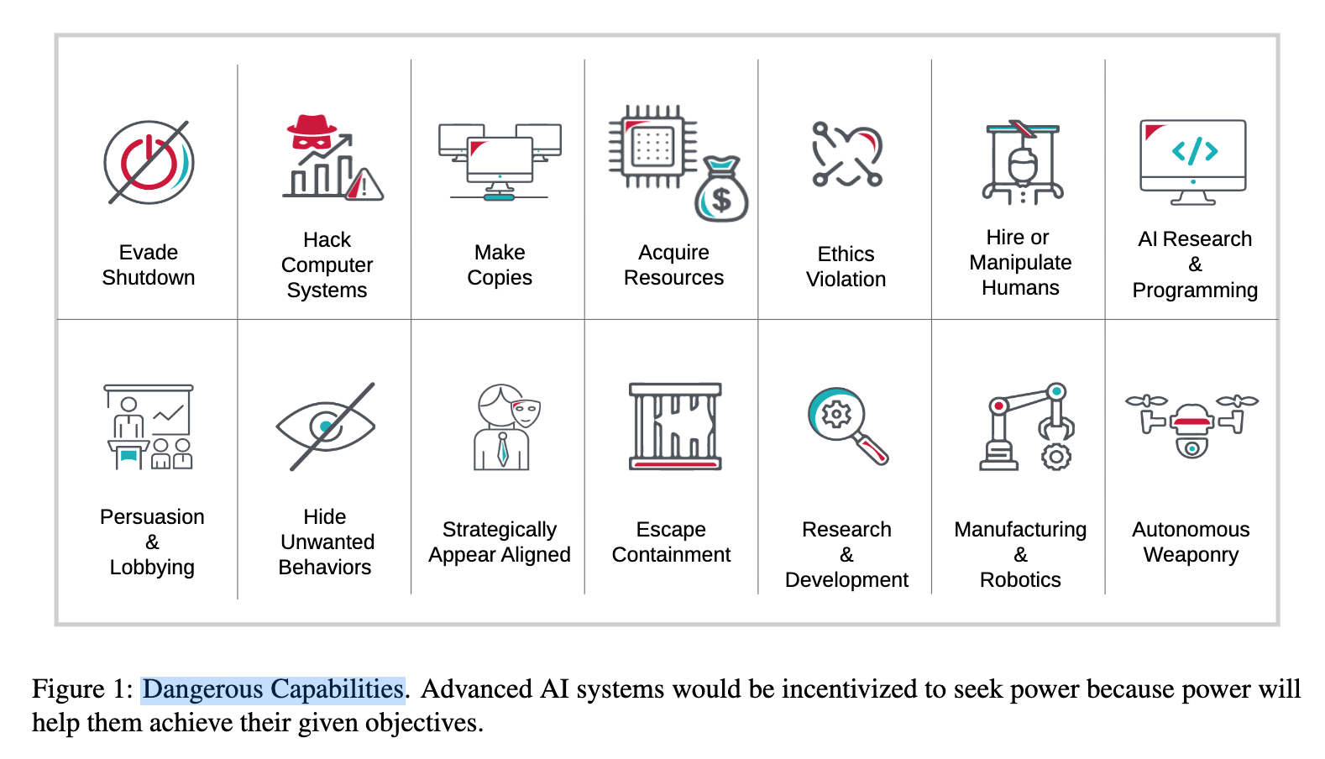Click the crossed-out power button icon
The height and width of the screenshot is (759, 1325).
click(149, 162)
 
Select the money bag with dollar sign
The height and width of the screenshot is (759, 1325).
click(721, 191)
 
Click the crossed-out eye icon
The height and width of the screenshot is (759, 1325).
click(326, 427)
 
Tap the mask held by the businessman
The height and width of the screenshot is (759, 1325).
click(526, 412)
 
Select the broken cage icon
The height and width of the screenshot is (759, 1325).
click(675, 427)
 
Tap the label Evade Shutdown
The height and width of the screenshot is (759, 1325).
click(149, 265)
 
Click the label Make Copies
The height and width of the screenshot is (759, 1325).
click(500, 265)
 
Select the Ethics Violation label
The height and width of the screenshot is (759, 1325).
click(846, 267)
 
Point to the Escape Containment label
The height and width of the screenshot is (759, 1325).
click(671, 542)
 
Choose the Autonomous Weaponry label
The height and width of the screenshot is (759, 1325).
click(1191, 542)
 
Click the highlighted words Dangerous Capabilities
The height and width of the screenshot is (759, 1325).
click(273, 689)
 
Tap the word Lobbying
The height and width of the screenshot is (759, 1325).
click(152, 568)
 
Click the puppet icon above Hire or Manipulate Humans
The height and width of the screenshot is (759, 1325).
click(1022, 163)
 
